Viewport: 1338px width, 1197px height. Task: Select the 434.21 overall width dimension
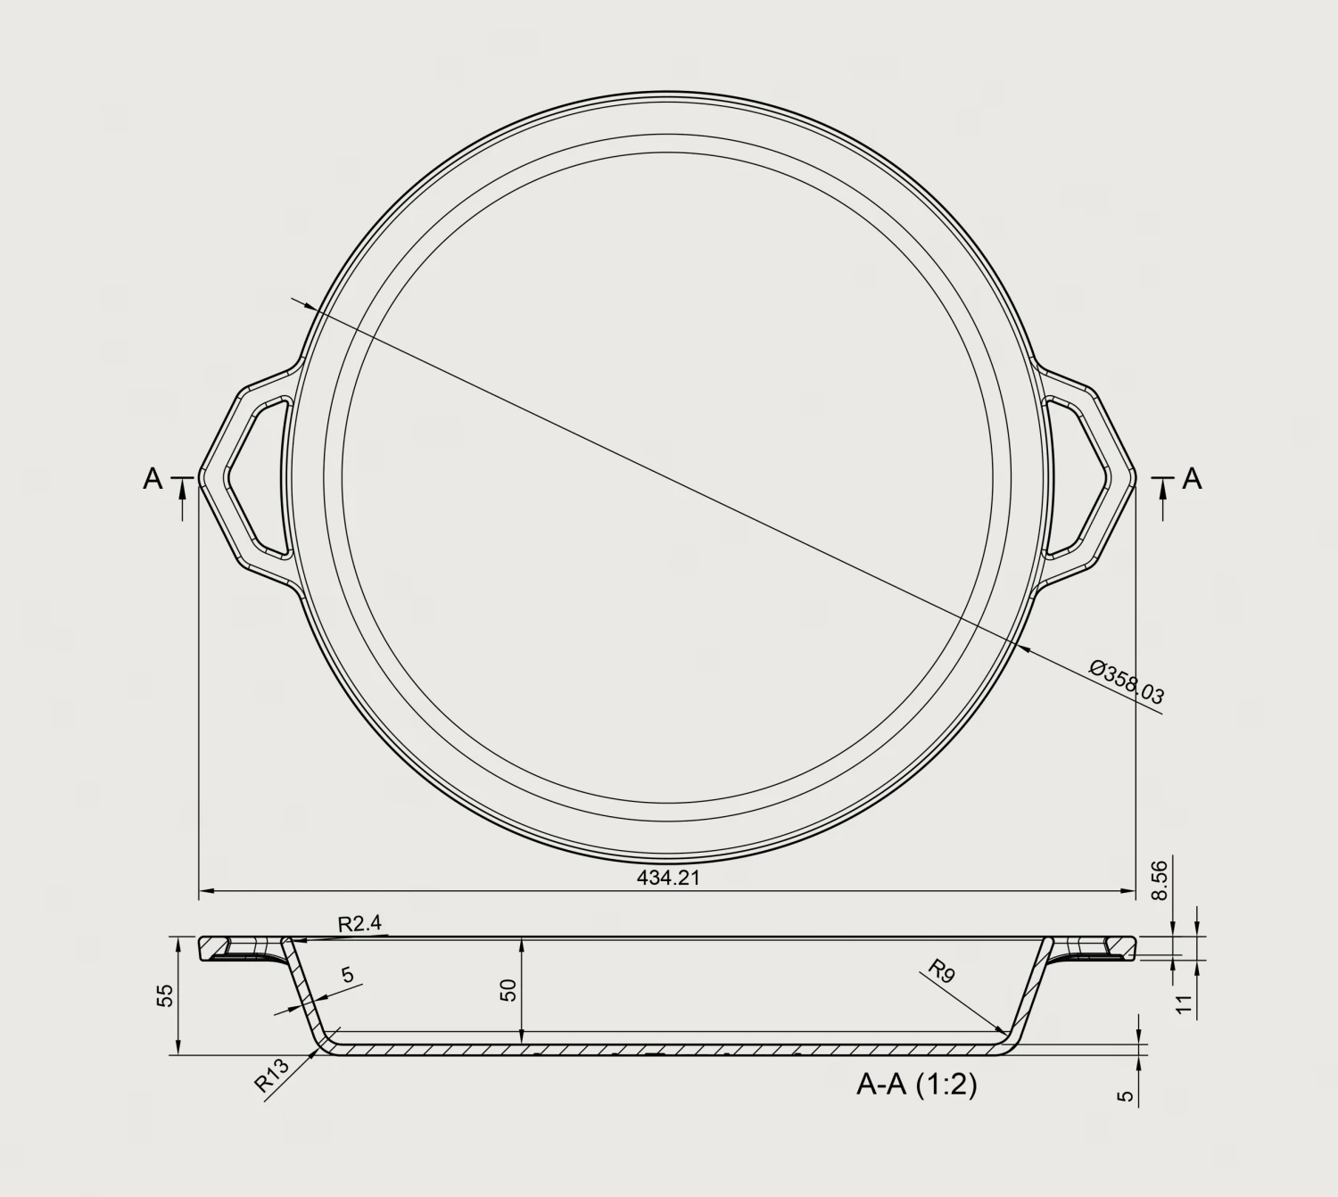click(x=668, y=878)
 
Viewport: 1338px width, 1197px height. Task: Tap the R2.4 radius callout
click(x=359, y=924)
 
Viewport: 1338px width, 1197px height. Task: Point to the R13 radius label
click(x=271, y=1075)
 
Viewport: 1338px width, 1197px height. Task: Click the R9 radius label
click(x=941, y=970)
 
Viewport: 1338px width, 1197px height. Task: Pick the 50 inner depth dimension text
click(x=508, y=990)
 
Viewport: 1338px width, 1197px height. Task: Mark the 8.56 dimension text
click(x=1159, y=881)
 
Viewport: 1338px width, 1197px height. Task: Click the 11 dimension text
click(x=1184, y=1003)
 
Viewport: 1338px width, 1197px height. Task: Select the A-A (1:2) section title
click(x=916, y=1085)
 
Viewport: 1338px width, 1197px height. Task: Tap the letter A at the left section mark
click(x=153, y=480)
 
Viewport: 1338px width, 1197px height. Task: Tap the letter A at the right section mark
click(x=1192, y=480)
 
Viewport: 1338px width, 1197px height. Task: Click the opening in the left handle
click(x=259, y=477)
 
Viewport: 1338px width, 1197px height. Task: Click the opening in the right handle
click(x=1078, y=477)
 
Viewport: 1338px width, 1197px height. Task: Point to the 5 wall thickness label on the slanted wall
click(x=348, y=975)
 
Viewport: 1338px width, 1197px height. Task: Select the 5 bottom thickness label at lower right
click(x=1127, y=1095)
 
